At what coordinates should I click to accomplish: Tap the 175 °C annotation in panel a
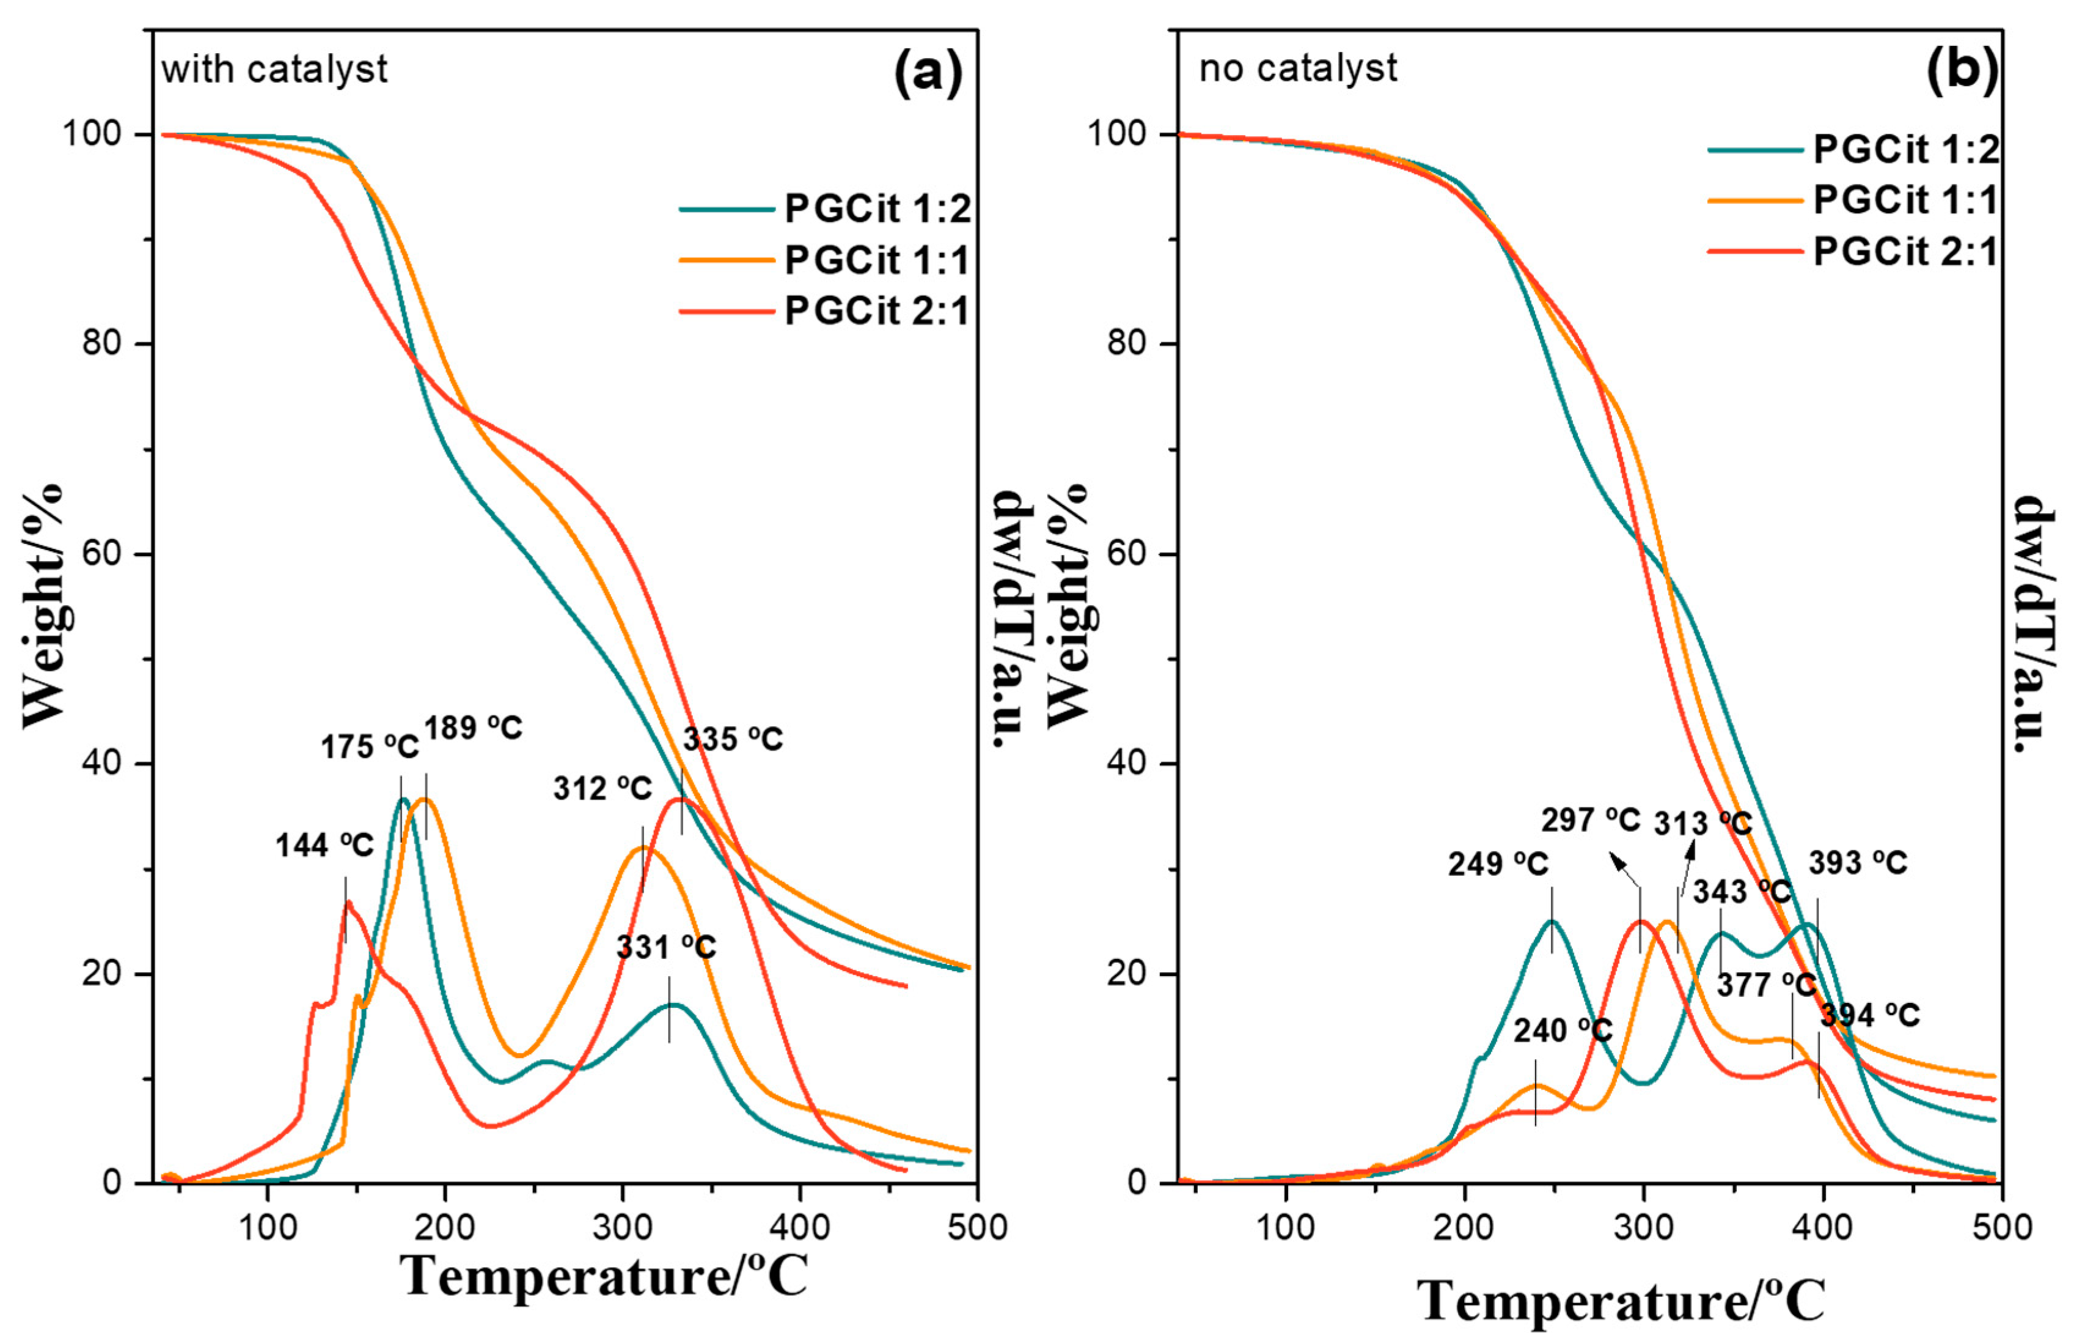[x=370, y=746]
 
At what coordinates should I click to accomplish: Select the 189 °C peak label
[x=474, y=728]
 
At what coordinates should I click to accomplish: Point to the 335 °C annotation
[x=733, y=739]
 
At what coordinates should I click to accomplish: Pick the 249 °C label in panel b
[x=1498, y=864]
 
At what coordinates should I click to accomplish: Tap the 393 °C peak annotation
[x=1858, y=863]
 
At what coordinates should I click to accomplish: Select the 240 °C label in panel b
[x=1563, y=1030]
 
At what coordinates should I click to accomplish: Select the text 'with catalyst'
[x=274, y=69]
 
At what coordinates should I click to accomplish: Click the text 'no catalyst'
[x=1298, y=67]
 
